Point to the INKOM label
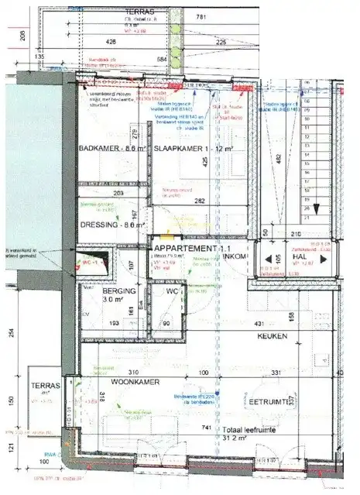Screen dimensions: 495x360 tap(236, 256)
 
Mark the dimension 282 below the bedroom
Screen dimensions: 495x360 tap(200, 201)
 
